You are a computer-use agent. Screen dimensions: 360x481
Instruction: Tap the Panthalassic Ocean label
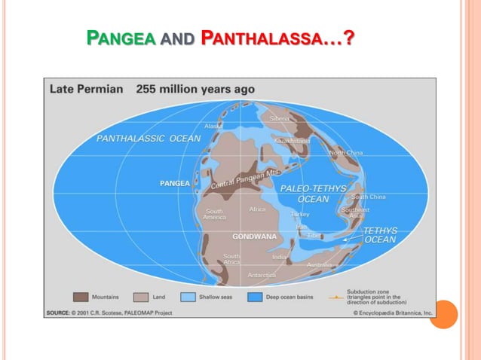[149, 139]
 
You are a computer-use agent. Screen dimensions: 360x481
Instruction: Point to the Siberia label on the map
[279, 118]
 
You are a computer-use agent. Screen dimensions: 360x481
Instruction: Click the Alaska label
[213, 126]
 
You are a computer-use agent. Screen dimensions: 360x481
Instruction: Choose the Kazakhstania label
[293, 141]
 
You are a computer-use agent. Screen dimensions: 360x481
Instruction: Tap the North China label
[346, 153]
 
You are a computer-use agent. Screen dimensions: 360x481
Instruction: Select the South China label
[368, 197]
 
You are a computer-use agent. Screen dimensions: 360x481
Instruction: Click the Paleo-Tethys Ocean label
[313, 194]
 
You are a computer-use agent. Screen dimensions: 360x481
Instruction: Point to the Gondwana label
[254, 236]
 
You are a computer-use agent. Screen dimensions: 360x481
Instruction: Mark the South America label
[215, 214]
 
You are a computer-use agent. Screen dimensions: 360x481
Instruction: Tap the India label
[279, 257]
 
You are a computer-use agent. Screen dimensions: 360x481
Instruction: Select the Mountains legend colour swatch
[81, 297]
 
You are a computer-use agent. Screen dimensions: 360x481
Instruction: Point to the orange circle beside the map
[443, 314]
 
